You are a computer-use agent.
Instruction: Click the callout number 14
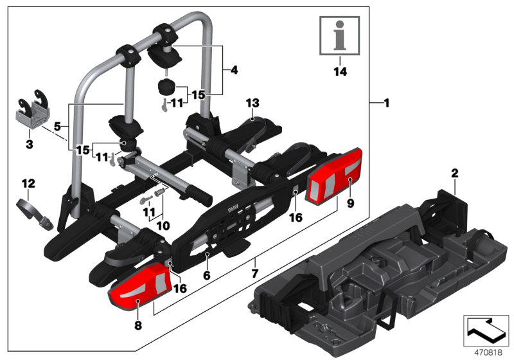pos(340,72)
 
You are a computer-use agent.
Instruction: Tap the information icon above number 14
pos(340,37)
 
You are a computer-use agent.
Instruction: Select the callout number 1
pos(385,103)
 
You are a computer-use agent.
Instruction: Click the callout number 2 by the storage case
pos(454,173)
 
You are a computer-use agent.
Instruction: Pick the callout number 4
pos(234,69)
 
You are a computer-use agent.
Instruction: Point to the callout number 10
pos(163,226)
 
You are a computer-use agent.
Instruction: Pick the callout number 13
pos(253,104)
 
